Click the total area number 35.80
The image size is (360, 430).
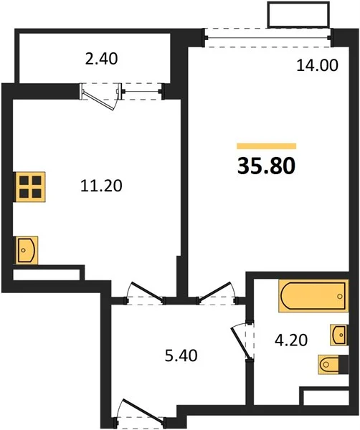pyautogui.click(x=266, y=166)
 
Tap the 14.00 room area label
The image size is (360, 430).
pyautogui.click(x=317, y=66)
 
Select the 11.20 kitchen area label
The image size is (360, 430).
pyautogui.click(x=101, y=186)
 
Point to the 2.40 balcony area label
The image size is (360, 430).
pyautogui.click(x=101, y=59)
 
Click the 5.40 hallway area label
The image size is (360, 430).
pyautogui.click(x=181, y=355)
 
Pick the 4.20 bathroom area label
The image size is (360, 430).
pyautogui.click(x=291, y=340)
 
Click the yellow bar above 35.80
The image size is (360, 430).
pyautogui.click(x=267, y=146)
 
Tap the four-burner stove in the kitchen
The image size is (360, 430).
pyautogui.click(x=30, y=187)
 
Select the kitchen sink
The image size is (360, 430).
pyautogui.click(x=27, y=250)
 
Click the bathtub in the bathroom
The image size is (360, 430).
pyautogui.click(x=313, y=295)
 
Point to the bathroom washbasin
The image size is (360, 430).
pyautogui.click(x=339, y=335)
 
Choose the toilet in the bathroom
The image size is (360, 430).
pyautogui.click(x=333, y=364)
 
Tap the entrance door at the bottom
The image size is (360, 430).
pyautogui.click(x=144, y=410)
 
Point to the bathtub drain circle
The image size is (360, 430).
pyautogui.click(x=340, y=296)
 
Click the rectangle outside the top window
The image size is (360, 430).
pyautogui.click(x=299, y=14)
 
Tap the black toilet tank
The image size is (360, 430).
pyautogui.click(x=344, y=364)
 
